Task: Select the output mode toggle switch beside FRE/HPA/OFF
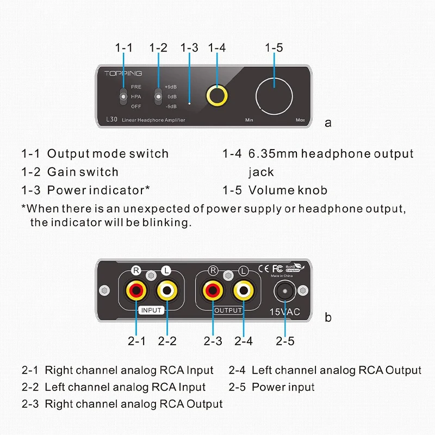pyautogui.click(x=124, y=96)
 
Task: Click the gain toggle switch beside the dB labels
pyautogui.click(x=158, y=96)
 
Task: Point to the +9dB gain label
pyautogui.click(x=171, y=87)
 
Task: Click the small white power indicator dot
pyautogui.click(x=189, y=103)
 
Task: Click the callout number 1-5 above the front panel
pyautogui.click(x=274, y=48)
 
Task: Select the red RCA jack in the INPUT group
pyautogui.click(x=136, y=290)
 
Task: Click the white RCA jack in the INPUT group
pyautogui.click(x=167, y=290)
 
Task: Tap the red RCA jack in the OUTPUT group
pyautogui.click(x=213, y=290)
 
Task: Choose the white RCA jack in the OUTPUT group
pyautogui.click(x=244, y=290)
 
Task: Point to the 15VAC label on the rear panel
pyautogui.click(x=285, y=312)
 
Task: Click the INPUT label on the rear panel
pyautogui.click(x=151, y=310)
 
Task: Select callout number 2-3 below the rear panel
pyautogui.click(x=213, y=341)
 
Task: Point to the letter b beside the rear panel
pyautogui.click(x=328, y=318)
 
